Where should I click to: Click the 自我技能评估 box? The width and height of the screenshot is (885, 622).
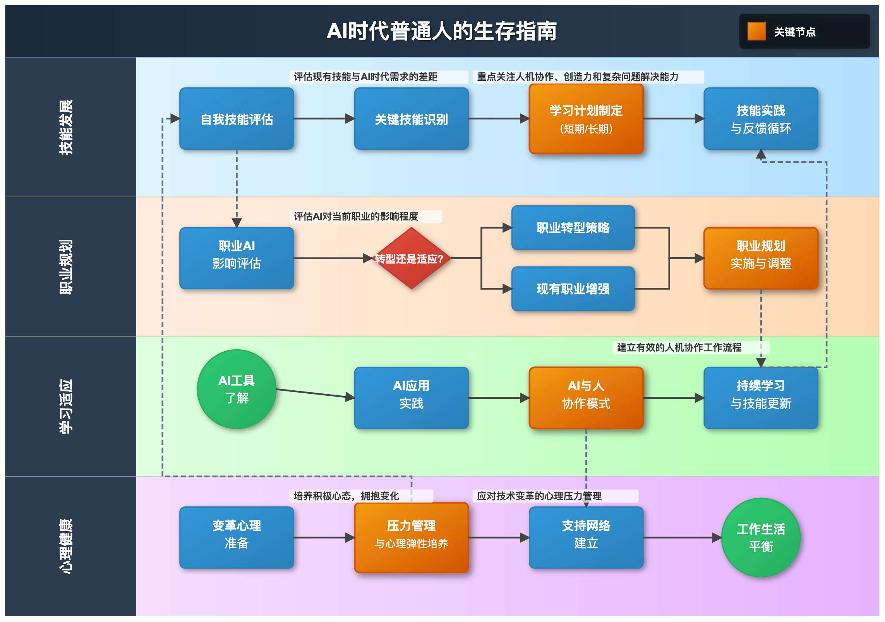[x=237, y=119]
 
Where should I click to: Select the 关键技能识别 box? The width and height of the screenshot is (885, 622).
[x=411, y=119]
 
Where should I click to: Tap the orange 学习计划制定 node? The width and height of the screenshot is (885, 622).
[x=586, y=119]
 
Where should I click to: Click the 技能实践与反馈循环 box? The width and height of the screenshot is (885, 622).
[x=761, y=119]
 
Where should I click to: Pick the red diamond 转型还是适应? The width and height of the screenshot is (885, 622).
[x=411, y=258]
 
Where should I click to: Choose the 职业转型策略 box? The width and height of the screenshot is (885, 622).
[x=573, y=227]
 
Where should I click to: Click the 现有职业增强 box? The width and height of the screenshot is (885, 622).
[x=573, y=289]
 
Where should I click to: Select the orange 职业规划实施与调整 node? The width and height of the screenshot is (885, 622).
[x=761, y=258]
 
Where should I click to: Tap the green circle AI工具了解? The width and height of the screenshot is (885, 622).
[x=237, y=389]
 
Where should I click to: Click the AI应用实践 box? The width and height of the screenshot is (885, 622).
[x=411, y=398]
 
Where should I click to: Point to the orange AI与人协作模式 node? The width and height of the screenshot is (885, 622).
[x=586, y=398]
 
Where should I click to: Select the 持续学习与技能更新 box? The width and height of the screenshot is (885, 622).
[x=761, y=398]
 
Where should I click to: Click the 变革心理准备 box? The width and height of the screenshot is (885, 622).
[x=237, y=537]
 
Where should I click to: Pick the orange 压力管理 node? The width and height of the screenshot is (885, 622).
[x=411, y=537]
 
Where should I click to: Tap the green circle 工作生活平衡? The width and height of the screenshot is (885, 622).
[x=761, y=537]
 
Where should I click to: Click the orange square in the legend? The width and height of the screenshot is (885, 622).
[x=756, y=31]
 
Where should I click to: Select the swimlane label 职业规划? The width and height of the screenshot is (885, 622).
[x=66, y=267]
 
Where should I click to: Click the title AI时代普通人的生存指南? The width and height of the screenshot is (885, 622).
[x=442, y=31]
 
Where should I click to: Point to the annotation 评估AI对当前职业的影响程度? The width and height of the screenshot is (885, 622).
[x=356, y=216]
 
